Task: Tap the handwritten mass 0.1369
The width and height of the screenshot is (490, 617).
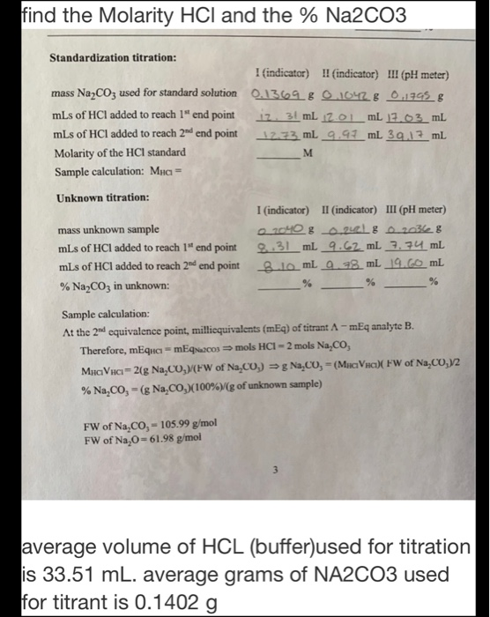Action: click(x=276, y=93)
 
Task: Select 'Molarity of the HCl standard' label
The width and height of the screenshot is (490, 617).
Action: click(x=115, y=152)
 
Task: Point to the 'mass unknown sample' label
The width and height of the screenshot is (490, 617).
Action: click(x=97, y=229)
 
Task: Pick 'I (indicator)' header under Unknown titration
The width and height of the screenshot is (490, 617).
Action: click(x=278, y=210)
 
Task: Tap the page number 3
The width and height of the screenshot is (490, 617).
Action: click(x=252, y=469)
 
